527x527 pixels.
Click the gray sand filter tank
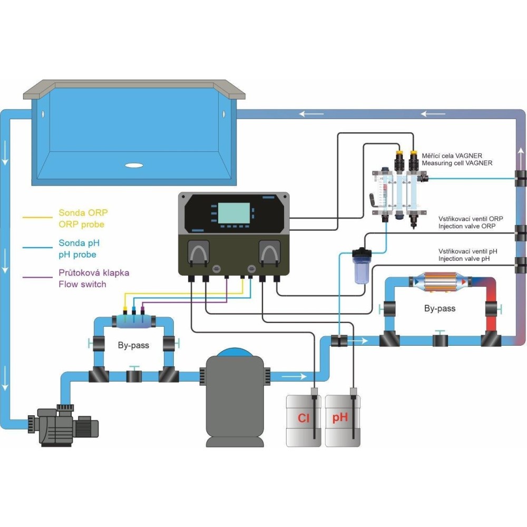pyautogui.click(x=235, y=401)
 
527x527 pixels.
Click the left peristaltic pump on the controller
pyautogui.click(x=199, y=252)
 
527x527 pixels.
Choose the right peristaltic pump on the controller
pyautogui.click(x=269, y=252)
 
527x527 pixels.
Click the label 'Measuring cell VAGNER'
pyautogui.click(x=457, y=163)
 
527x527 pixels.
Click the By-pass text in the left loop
pyautogui.click(x=133, y=346)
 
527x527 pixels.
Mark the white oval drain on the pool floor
pyautogui.click(x=134, y=165)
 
